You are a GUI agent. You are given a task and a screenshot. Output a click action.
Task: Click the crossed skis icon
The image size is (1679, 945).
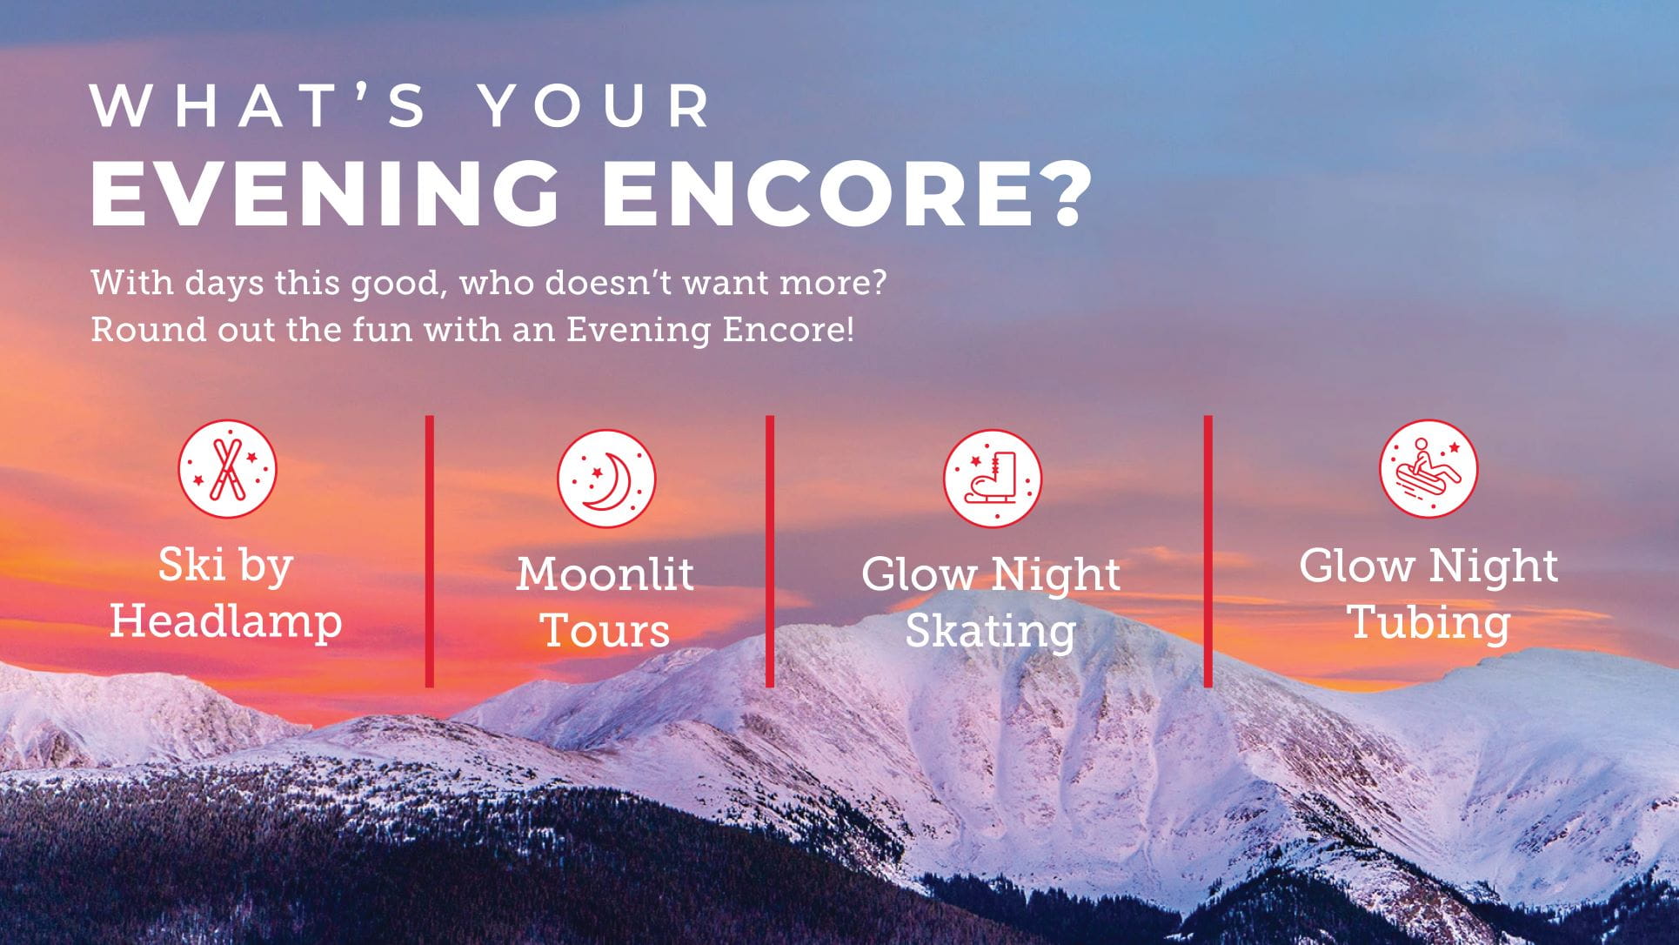227,470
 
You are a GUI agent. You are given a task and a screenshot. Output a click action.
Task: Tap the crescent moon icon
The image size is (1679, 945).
606,479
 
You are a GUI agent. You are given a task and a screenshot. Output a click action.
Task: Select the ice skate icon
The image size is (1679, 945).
993,479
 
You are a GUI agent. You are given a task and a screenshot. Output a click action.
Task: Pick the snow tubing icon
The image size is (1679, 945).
1428,469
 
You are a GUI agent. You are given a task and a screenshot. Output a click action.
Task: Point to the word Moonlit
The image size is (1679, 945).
605,575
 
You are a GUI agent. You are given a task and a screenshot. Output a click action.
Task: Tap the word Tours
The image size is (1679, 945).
605,631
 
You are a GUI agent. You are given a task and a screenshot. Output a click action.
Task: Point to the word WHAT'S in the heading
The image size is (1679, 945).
259,106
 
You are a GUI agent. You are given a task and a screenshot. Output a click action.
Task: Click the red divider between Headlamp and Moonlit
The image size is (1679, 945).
430,551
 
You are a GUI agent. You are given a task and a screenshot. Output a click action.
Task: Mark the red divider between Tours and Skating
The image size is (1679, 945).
770,551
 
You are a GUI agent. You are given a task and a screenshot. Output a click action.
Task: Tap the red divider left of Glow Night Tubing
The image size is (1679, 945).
1208,551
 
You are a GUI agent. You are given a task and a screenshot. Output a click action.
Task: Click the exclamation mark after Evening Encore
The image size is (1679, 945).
849,330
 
